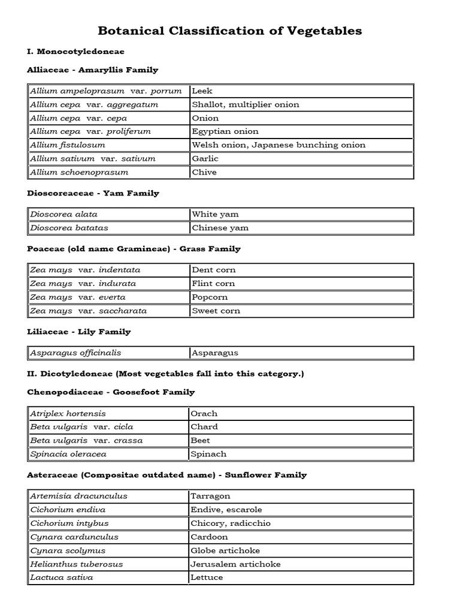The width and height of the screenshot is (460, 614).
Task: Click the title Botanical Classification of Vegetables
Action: [x=229, y=31]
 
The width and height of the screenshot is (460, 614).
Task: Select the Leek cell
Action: [x=301, y=91]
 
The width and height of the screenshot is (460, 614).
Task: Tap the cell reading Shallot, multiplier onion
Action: [x=301, y=104]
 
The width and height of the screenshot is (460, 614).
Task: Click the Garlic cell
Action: [x=301, y=158]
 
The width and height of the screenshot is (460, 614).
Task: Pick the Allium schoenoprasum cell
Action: [x=108, y=172]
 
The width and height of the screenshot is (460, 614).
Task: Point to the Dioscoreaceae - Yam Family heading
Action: [x=93, y=193]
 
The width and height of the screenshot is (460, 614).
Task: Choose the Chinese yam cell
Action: [x=301, y=228]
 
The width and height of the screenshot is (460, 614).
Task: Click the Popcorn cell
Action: [x=301, y=297]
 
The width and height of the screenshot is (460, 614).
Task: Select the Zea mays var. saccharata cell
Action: [x=108, y=311]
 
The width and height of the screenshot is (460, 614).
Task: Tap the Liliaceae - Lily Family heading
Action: [x=78, y=332]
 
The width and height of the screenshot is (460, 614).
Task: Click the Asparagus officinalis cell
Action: [x=108, y=353]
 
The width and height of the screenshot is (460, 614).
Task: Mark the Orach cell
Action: [x=301, y=413]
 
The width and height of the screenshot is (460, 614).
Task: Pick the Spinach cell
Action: [x=301, y=454]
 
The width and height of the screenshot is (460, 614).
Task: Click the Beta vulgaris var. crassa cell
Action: [x=108, y=440]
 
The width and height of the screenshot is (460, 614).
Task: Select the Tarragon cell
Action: [x=301, y=496]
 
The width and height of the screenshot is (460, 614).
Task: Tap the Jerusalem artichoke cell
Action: [x=301, y=564]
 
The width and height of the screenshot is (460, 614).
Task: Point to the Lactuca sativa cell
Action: [x=108, y=577]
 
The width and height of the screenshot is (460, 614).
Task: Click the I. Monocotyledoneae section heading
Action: [x=75, y=52]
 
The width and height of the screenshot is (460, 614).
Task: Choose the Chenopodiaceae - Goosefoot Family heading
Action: [x=111, y=392]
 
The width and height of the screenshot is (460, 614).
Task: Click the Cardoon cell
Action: [x=301, y=537]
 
